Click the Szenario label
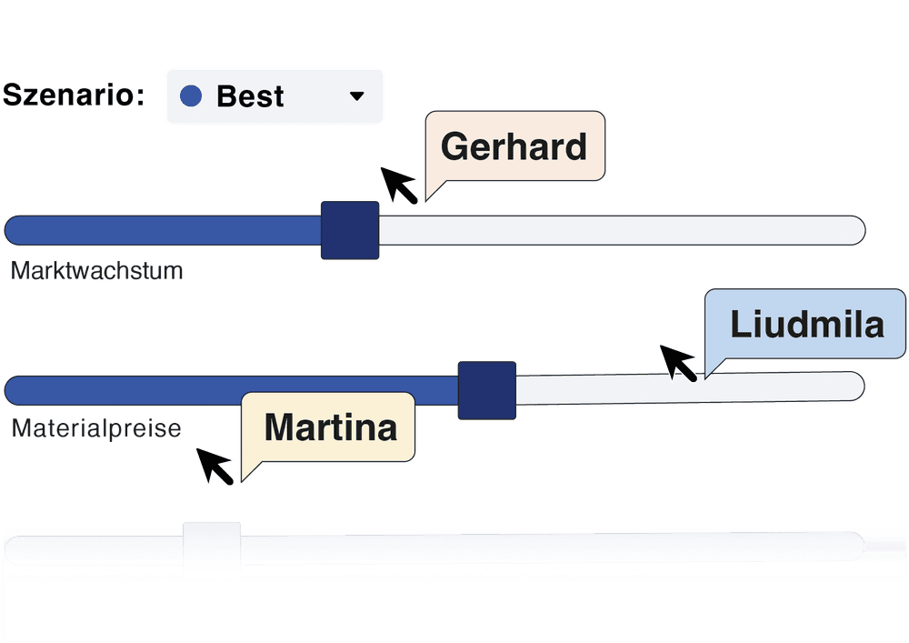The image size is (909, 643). click(x=75, y=95)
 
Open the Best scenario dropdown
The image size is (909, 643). click(x=274, y=95)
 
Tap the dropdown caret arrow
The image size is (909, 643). click(x=357, y=95)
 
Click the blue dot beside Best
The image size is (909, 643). click(x=191, y=95)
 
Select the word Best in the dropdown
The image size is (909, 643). click(x=250, y=95)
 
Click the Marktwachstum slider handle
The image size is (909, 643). click(x=350, y=230)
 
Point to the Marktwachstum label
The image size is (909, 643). click(x=97, y=271)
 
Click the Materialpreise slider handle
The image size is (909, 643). click(x=486, y=389)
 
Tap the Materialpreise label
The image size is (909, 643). click(x=96, y=428)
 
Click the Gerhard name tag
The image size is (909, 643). click(x=514, y=146)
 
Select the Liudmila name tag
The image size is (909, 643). click(x=805, y=324)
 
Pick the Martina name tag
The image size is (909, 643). click(x=330, y=427)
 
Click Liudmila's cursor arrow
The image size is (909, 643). click(x=678, y=361)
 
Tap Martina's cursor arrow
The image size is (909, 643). click(x=216, y=466)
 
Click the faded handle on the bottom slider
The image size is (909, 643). click(x=212, y=543)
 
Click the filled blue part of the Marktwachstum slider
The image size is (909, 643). click(x=164, y=230)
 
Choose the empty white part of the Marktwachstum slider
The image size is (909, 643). click(x=618, y=230)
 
